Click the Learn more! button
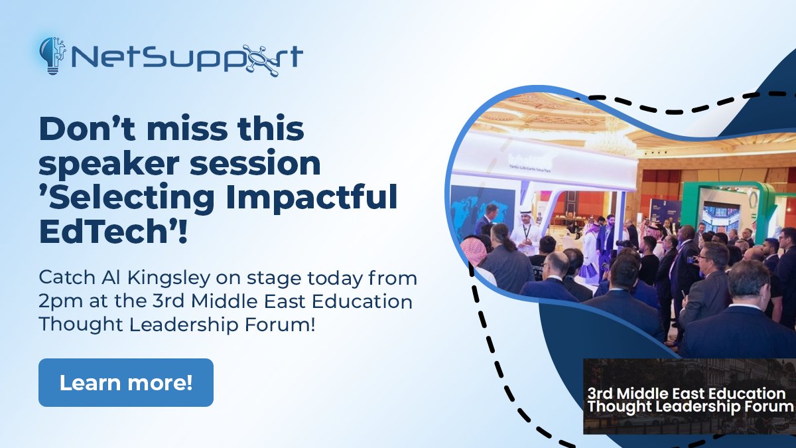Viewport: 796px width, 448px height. click(x=126, y=382)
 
